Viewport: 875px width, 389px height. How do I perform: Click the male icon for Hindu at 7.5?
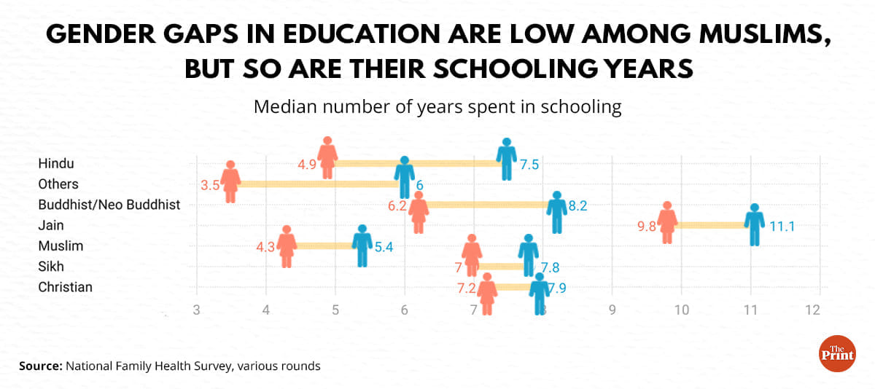tap(506, 160)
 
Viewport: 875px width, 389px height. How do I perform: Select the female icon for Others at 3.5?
tap(231, 181)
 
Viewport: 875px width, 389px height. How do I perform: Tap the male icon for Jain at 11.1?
tap(755, 224)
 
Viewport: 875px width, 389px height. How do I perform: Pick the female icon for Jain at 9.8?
tap(667, 223)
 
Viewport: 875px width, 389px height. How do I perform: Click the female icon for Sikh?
tap(472, 256)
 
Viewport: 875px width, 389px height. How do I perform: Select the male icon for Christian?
tap(540, 293)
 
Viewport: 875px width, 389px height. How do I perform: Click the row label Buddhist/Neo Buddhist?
tap(109, 205)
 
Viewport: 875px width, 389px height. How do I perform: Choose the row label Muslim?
tap(61, 245)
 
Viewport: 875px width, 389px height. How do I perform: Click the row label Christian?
tap(65, 287)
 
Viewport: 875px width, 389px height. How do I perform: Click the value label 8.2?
tap(578, 206)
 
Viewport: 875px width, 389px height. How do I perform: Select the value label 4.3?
tap(265, 247)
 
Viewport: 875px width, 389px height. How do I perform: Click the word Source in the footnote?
tap(39, 366)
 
